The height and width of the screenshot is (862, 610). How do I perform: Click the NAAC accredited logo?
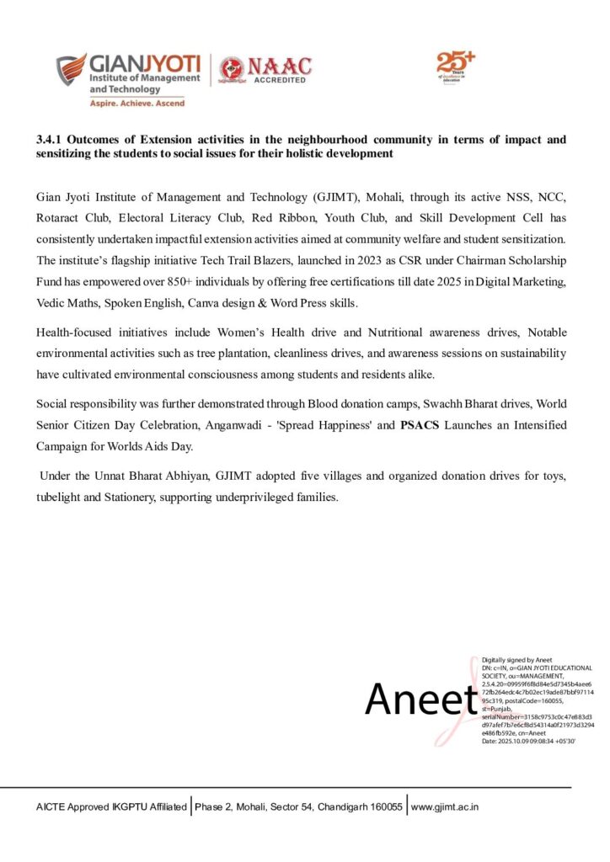[x=265, y=71]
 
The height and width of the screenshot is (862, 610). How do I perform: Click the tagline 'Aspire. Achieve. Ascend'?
[x=137, y=103]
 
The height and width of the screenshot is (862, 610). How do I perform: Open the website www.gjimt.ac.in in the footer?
[x=445, y=806]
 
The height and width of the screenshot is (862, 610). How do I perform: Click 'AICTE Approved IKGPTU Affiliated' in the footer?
[x=111, y=806]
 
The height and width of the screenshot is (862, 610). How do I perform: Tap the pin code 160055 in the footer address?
[x=383, y=806]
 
